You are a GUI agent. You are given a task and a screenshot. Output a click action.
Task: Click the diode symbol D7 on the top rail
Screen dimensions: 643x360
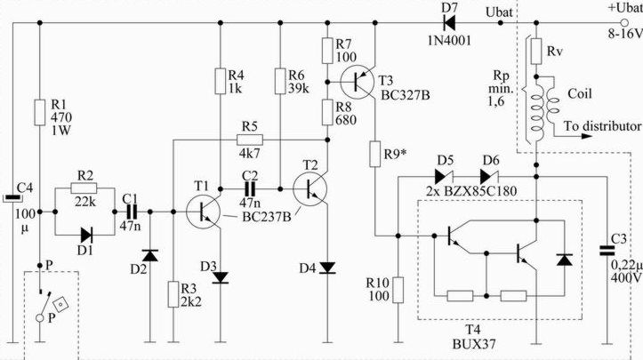449,23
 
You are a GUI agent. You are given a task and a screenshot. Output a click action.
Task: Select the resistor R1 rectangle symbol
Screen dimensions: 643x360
39,112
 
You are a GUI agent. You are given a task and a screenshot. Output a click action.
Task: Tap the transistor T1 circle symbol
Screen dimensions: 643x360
203,212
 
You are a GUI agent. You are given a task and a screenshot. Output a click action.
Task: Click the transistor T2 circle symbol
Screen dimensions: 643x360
310,189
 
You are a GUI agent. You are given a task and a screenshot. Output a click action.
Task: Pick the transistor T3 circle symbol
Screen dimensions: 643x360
357,82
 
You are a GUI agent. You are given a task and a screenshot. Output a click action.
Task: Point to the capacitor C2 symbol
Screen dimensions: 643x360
250,189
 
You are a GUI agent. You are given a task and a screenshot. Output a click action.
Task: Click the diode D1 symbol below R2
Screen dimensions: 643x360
86,236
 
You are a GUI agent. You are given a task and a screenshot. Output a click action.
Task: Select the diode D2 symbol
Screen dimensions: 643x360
149,255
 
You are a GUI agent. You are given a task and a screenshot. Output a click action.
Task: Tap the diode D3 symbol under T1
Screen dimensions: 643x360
221,277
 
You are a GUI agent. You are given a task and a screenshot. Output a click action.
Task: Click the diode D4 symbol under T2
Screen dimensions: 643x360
327,268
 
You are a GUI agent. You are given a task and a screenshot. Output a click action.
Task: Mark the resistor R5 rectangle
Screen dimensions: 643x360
250,140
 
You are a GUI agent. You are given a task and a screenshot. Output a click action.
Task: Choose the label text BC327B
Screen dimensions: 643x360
406,95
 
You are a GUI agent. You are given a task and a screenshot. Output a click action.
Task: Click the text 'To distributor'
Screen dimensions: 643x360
602,126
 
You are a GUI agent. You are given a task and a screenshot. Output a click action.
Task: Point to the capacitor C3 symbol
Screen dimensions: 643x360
607,251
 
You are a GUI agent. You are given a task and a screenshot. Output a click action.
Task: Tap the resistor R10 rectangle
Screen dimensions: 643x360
398,290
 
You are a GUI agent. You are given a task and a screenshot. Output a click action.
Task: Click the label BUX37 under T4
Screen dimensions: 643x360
474,344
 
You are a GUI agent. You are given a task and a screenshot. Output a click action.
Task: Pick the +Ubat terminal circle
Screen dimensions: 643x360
624,23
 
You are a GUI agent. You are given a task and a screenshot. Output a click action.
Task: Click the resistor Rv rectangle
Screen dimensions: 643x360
536,51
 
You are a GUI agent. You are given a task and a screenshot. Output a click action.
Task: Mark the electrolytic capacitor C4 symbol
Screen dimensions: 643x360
12,198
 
